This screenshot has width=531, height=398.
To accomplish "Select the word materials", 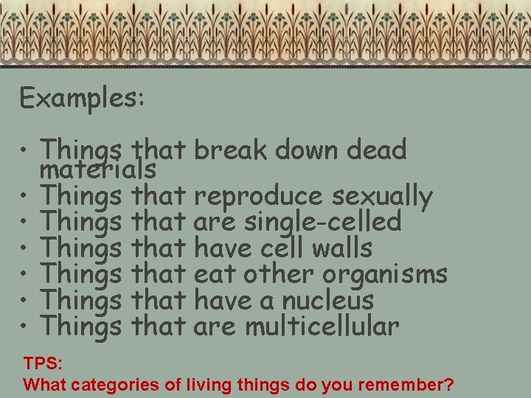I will [98, 170].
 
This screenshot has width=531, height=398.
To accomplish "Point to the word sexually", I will [382, 197].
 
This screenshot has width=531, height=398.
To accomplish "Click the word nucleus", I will [337, 300].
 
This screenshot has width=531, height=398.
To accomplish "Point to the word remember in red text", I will [407, 384].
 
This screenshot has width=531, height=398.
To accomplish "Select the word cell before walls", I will [277, 248].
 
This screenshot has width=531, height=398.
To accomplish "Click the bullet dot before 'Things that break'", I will [25, 152].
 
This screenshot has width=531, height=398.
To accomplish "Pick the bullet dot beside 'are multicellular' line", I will [25, 327].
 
